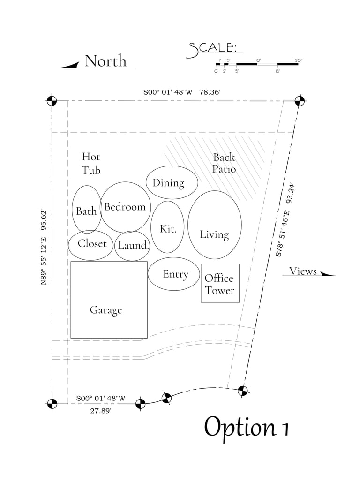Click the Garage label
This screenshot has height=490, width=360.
coord(106,310)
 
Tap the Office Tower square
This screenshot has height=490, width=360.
coord(220,283)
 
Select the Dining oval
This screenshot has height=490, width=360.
coord(168,182)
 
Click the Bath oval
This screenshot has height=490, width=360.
coord(87,210)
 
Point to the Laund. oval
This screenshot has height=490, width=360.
coord(133,245)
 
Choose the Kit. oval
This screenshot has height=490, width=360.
coord(168,227)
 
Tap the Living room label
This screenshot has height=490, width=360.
coord(214,234)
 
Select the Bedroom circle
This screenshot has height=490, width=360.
coord(125,207)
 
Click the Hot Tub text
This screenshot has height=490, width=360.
coord(91,163)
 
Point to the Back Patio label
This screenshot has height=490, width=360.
coord(224,163)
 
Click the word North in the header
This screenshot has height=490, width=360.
coord(105,61)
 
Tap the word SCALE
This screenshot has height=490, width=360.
coord(212,49)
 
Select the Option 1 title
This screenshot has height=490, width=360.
coord(246,427)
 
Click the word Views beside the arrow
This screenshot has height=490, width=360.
coord(303,271)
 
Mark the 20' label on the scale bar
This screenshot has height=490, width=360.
coord(298,60)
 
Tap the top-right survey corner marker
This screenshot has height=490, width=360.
coord(300,101)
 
